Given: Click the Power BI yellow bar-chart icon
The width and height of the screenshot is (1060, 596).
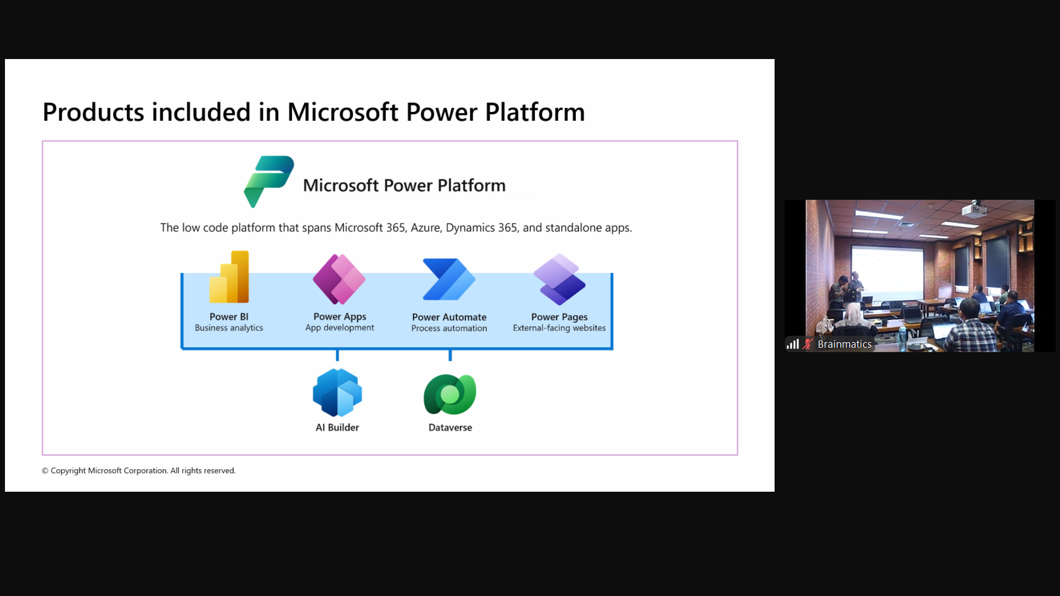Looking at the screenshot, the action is [x=229, y=276].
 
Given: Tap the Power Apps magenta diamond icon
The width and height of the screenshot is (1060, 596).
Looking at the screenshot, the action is [x=339, y=279].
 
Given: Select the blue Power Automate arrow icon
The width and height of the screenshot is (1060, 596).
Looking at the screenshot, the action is [x=449, y=279].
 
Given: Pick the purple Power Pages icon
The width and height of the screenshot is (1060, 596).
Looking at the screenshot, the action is [x=559, y=279].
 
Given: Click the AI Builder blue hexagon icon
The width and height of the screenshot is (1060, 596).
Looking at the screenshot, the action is [x=337, y=392].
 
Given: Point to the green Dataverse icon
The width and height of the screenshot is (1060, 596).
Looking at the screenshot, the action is [x=450, y=394].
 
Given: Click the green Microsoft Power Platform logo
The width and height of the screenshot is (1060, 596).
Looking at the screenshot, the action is [x=269, y=182].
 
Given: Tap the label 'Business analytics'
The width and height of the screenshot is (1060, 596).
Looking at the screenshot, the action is [x=229, y=328].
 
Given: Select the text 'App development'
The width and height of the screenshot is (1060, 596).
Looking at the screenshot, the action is [x=340, y=328].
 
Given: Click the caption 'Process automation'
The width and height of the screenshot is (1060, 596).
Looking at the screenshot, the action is [x=449, y=328].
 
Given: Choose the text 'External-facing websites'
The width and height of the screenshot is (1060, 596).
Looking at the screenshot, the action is [x=559, y=328].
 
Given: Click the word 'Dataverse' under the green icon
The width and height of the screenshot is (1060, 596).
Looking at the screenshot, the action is [x=450, y=428].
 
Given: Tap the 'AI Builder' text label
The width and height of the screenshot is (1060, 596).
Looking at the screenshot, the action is [x=337, y=428].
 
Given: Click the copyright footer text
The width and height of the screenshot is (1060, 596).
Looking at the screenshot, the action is [x=139, y=471].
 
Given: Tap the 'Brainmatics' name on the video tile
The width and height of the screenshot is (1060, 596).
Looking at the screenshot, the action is [x=845, y=344].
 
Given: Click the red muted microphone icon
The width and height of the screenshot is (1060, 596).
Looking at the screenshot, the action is [x=808, y=344].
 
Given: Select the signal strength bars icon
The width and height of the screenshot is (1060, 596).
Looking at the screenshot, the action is [x=793, y=344].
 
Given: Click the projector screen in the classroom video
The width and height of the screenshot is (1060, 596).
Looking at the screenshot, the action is [x=887, y=272].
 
